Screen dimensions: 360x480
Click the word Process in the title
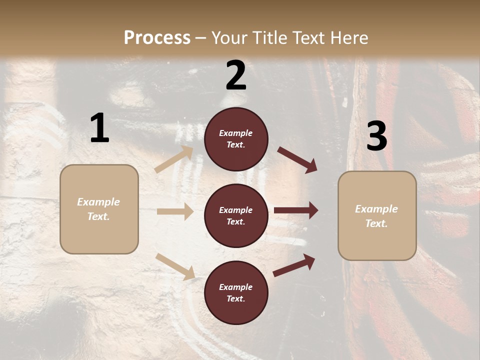click(x=157, y=37)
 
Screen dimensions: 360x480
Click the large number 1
click(x=99, y=128)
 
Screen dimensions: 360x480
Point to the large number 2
click(x=236, y=75)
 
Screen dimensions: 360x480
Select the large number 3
click(x=376, y=136)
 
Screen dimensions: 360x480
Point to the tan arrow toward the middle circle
click(x=175, y=211)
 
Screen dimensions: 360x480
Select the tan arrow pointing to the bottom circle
click(x=175, y=266)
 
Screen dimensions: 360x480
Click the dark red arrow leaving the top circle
click(x=297, y=160)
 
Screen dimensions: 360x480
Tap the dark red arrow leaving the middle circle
click(x=295, y=210)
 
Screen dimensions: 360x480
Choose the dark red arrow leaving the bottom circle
click(x=294, y=265)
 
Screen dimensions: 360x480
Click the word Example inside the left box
click(x=98, y=202)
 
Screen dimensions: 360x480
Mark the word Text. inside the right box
click(x=376, y=223)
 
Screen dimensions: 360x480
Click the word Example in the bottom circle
click(x=236, y=287)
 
